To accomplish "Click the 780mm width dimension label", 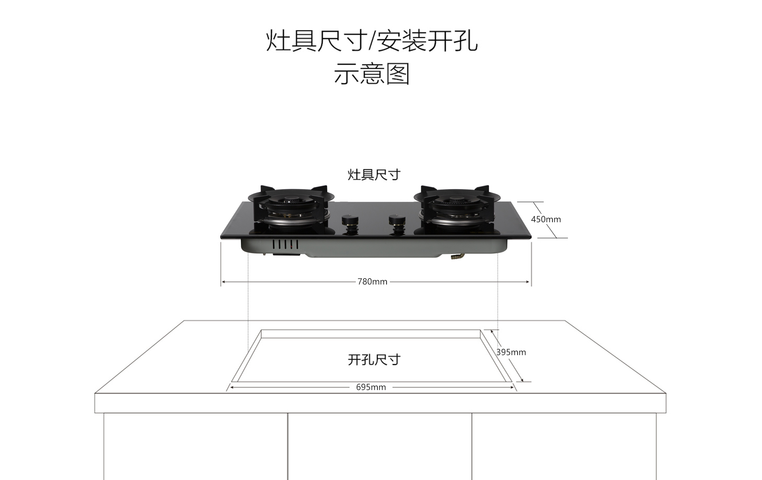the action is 372,282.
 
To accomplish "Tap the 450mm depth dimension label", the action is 546,219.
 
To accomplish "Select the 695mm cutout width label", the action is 371,387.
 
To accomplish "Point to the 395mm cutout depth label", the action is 511,352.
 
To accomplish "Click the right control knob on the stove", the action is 396,224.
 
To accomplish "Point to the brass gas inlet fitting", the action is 457,257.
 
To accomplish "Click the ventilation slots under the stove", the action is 285,244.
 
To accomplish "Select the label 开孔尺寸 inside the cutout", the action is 374,360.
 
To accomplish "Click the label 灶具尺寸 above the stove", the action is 374,175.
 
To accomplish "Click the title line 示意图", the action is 371,74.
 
